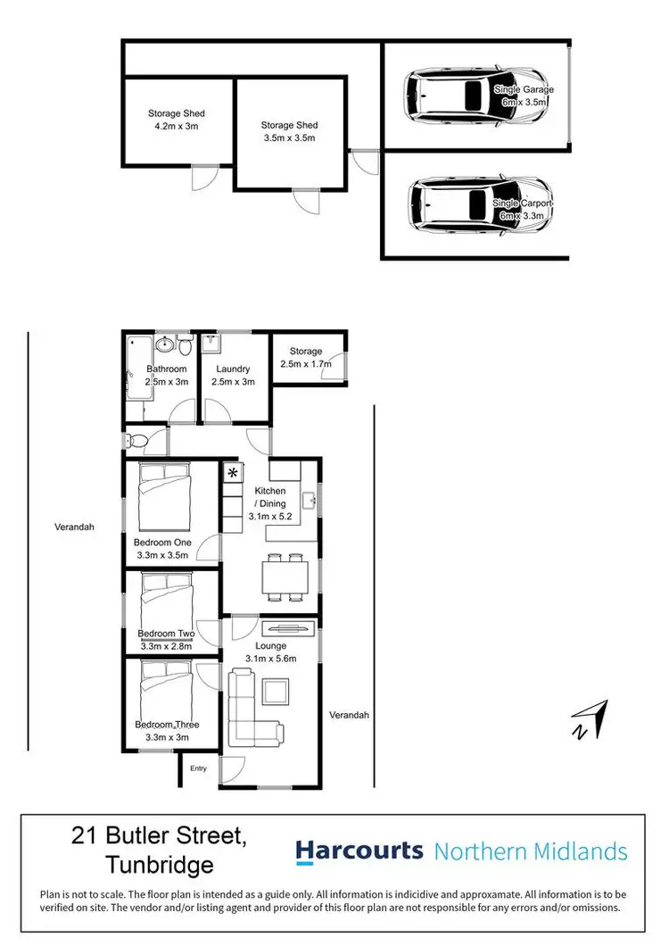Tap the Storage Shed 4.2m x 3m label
tap(177, 120)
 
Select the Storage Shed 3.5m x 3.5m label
tap(289, 132)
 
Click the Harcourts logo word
tap(359, 851)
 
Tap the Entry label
tap(198, 768)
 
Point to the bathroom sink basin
tap(165, 345)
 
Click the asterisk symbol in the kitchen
tap(233, 472)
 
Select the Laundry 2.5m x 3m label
tap(232, 375)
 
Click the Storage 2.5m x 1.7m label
tap(306, 357)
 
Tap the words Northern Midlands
tap(530, 851)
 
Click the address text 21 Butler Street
tap(159, 836)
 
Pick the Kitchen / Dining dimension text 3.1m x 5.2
tap(270, 516)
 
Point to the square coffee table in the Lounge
tap(275, 691)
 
